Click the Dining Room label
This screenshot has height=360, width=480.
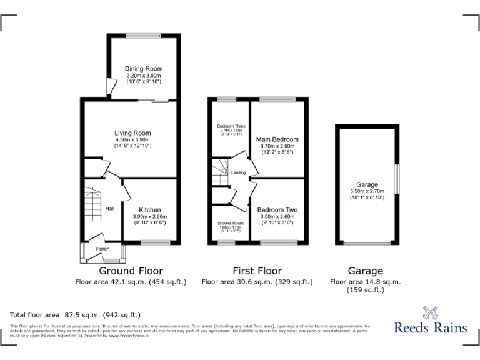coord(144,69)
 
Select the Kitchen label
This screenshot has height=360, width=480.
coord(150,210)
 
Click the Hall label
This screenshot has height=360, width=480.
coord(110,209)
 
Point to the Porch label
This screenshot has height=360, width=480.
coord(102,249)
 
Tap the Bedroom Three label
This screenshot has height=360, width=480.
coord(230,126)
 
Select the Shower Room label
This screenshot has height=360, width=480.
coord(230,223)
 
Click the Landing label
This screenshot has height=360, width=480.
coord(238,172)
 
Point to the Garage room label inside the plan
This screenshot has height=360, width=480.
coord(367,185)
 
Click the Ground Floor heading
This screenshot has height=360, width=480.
coord(131,271)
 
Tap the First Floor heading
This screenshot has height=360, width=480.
coord(256,271)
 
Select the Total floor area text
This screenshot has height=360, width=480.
coord(75,315)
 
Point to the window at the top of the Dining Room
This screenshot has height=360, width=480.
coord(144,35)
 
